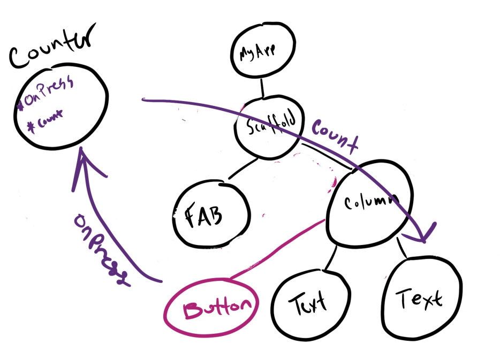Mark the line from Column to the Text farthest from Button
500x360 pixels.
[x=403, y=249]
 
